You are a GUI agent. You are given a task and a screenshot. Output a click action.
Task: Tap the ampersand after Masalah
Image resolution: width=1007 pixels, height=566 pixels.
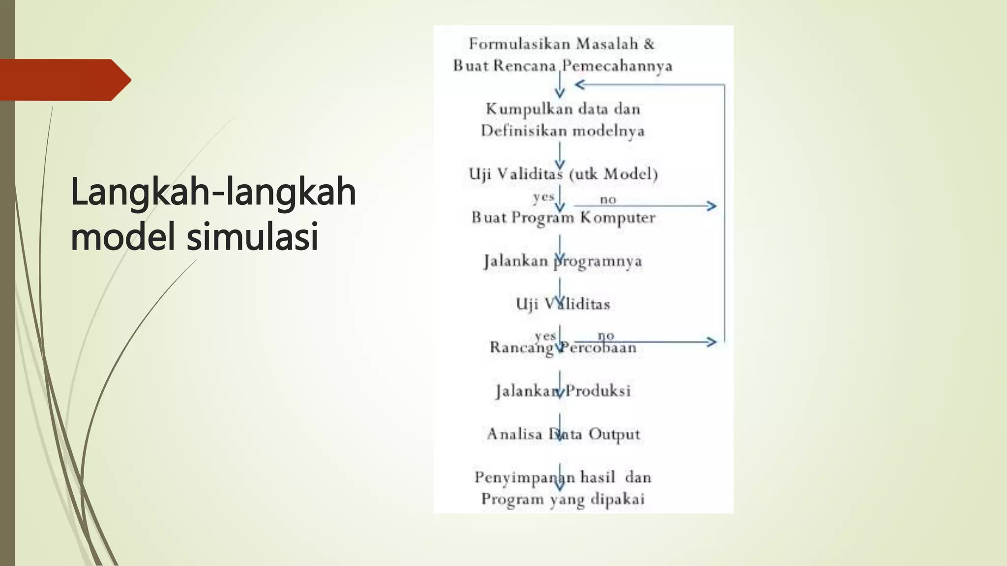click(649, 44)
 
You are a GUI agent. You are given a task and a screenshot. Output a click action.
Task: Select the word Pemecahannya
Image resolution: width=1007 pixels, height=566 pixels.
click(617, 66)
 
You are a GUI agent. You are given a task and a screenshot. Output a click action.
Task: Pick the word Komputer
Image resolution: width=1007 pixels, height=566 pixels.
click(618, 218)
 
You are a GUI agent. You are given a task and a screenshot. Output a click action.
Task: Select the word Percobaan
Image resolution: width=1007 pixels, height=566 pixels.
click(598, 348)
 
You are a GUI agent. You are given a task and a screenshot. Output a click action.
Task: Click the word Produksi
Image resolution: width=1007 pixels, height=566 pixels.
click(598, 391)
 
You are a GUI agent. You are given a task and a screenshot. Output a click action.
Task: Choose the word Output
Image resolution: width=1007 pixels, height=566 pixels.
click(614, 434)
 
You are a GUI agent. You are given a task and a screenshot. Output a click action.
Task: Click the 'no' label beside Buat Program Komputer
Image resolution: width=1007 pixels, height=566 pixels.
click(608, 199)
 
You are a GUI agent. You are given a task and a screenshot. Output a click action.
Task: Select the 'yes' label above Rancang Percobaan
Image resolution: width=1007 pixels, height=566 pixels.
click(545, 336)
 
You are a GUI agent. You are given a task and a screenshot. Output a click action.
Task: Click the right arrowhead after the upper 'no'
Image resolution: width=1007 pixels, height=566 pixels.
click(711, 206)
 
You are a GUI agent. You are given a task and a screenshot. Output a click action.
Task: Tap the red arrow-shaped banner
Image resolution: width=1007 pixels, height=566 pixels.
click(64, 80)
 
